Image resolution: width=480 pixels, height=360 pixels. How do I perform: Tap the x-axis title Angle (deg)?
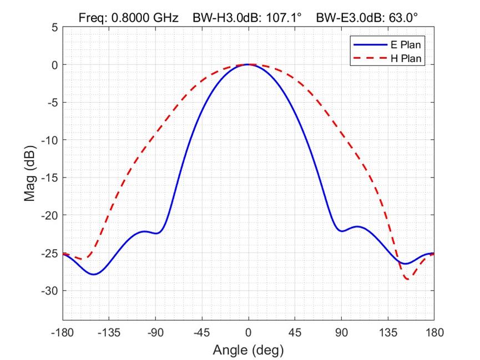pos(248,350)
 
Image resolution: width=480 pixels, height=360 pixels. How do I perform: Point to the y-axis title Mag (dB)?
pos(31,174)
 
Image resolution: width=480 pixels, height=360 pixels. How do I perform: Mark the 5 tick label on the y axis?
pos(54,27)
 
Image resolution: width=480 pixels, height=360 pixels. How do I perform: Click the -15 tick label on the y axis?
pos(50,178)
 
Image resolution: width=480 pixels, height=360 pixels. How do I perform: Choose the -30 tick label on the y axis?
pos(50,291)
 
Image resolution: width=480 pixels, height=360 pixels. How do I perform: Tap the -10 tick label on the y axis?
pos(50,140)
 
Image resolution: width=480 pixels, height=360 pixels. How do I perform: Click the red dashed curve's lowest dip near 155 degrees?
pos(408,279)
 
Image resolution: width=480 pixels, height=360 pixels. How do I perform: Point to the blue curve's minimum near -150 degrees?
pos(94,274)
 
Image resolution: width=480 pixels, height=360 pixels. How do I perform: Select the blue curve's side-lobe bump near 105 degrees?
pos(357,226)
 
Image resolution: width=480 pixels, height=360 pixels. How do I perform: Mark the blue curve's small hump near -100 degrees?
pos(145,231)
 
